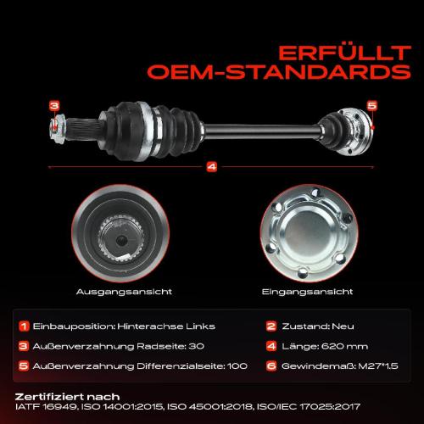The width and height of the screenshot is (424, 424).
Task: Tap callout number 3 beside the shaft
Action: point(54,106)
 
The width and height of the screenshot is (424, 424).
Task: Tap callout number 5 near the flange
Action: point(371,104)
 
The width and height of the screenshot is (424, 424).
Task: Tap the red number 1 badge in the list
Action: point(24,325)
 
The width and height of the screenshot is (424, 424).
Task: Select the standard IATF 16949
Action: point(42,407)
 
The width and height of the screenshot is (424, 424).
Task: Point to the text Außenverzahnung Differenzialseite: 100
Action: point(126,365)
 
